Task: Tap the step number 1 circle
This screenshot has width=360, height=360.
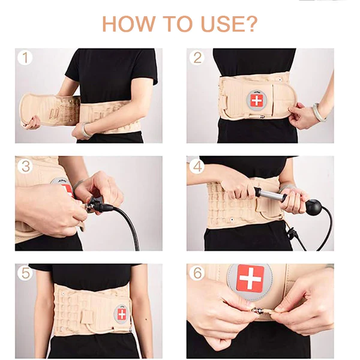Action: pyautogui.click(x=25, y=58)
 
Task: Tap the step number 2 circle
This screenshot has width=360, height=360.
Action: pyautogui.click(x=196, y=58)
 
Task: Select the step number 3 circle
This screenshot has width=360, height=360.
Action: pyautogui.click(x=25, y=166)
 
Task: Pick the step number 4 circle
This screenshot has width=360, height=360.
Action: pyautogui.click(x=196, y=166)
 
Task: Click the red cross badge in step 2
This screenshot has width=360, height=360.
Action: pyautogui.click(x=256, y=100)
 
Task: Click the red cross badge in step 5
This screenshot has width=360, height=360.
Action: pyautogui.click(x=122, y=314)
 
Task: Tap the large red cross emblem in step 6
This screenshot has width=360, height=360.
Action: pyautogui.click(x=250, y=278)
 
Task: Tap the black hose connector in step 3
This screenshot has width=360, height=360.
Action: pyautogui.click(x=102, y=207)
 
